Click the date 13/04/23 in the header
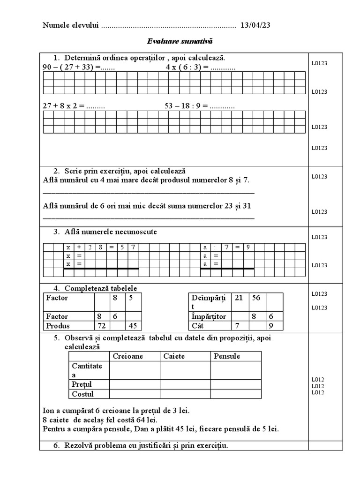[255, 25]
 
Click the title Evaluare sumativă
[180, 42]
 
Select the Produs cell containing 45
[134, 326]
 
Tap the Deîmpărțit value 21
[239, 298]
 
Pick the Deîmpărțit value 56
[256, 298]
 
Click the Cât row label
[198, 326]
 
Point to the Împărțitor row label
[209, 316]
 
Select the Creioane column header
[128, 356]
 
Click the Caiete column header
[174, 356]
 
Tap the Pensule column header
[227, 356]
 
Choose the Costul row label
[82, 394]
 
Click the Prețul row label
[82, 384]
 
